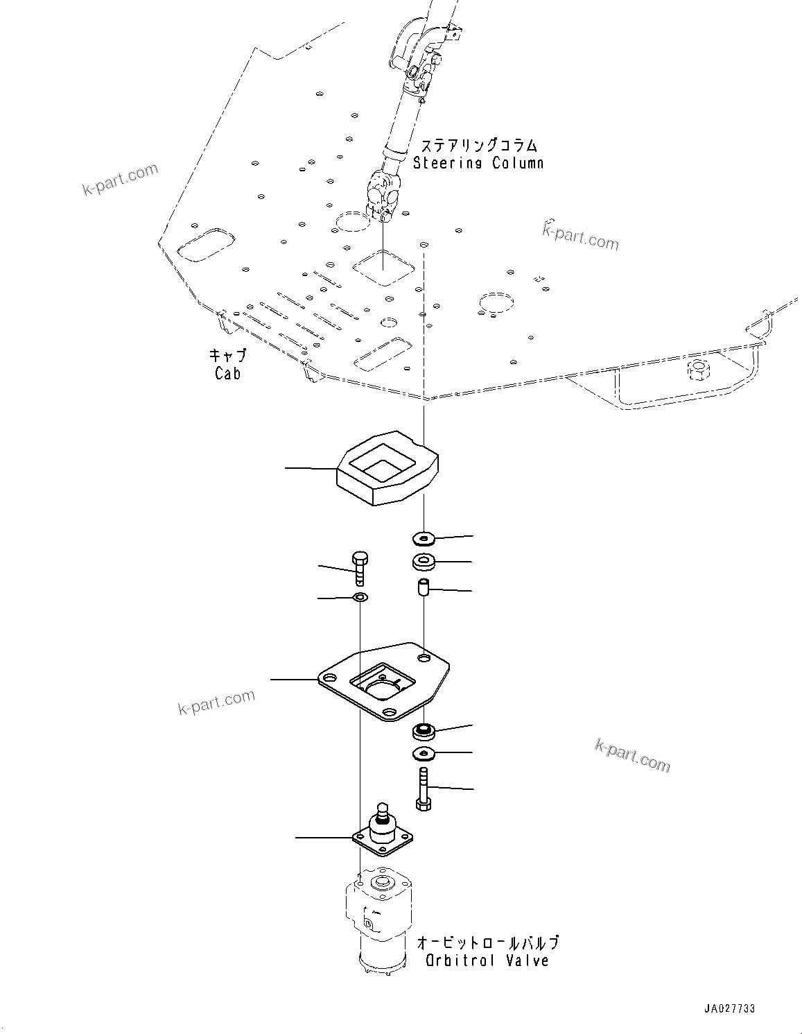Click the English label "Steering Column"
(478, 163)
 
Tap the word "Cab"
(227, 373)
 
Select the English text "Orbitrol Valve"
(487, 960)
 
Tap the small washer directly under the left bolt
(360, 597)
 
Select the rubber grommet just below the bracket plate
(423, 730)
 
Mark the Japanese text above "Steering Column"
(479, 146)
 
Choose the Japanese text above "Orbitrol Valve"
(487, 942)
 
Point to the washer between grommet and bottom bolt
(423, 754)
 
